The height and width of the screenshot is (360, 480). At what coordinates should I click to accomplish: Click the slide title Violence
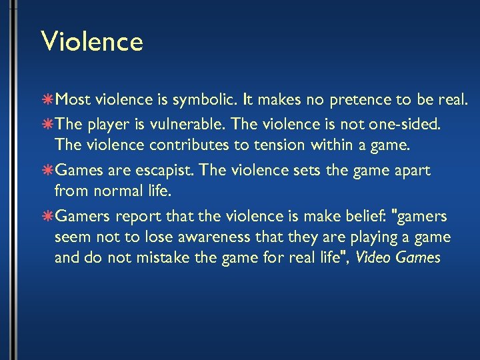92,41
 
